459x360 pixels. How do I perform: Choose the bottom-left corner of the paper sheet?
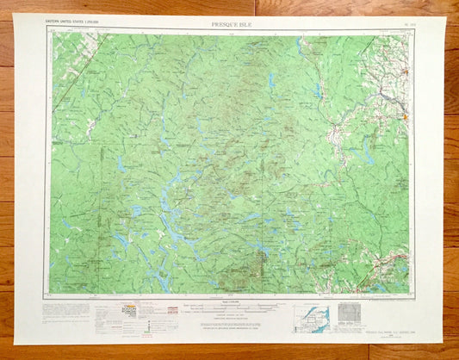(16, 344)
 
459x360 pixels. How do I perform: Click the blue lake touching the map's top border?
(300, 41)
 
